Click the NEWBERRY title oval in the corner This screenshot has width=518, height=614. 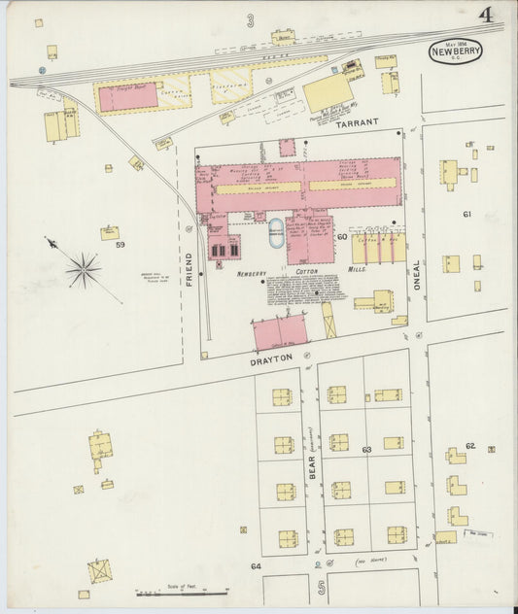(455, 51)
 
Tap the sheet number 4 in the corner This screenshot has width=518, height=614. (484, 15)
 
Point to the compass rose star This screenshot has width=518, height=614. (84, 270)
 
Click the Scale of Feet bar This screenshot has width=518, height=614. (182, 590)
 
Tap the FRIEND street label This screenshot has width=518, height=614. (190, 267)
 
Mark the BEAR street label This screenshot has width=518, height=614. (312, 468)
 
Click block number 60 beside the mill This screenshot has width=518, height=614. (342, 236)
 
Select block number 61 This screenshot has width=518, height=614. (466, 214)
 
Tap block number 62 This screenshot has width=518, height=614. (469, 446)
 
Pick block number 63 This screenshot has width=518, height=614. (366, 450)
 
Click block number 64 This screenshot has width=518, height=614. (257, 565)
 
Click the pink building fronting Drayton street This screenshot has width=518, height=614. (280, 333)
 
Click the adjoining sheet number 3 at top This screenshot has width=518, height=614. (250, 19)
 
